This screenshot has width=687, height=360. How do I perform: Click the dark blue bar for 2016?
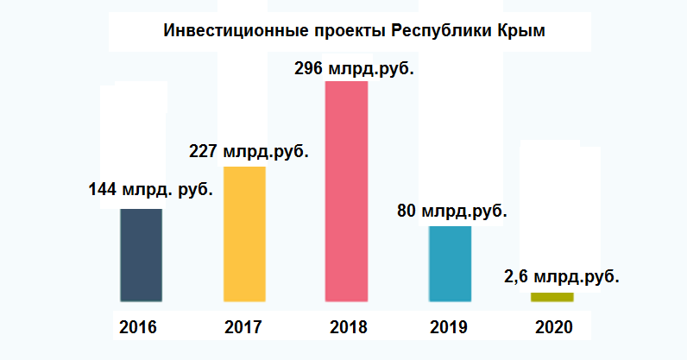(141, 255)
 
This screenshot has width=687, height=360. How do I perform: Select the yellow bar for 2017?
(244, 234)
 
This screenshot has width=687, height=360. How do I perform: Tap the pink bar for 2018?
(346, 191)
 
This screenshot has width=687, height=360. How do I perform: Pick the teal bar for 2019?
(450, 263)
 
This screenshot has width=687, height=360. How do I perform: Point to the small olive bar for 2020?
(551, 297)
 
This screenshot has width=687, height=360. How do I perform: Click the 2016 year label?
(139, 328)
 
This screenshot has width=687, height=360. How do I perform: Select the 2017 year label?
(243, 328)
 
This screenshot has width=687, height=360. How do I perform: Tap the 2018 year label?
(347, 328)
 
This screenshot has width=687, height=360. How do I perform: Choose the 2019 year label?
(449, 328)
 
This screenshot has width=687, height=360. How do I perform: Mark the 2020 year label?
(553, 328)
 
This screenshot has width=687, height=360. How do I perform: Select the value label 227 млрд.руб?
(249, 149)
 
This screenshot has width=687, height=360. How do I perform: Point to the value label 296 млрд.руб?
(354, 67)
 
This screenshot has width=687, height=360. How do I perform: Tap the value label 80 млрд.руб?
(451, 210)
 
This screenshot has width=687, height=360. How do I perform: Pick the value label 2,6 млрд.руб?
(561, 278)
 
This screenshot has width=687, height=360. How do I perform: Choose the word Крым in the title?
(523, 32)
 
